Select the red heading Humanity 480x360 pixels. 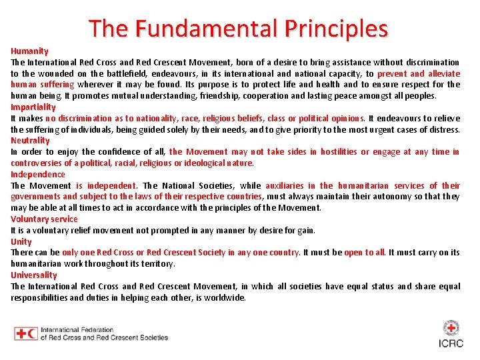(29, 51)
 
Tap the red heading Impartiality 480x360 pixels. (33, 107)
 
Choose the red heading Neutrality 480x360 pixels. (30, 141)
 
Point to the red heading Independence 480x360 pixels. (38, 174)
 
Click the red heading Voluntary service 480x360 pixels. (44, 219)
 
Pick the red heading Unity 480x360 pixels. (21, 241)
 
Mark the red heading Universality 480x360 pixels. (34, 275)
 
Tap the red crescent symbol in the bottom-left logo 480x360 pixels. (32, 334)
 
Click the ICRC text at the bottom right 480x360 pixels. (451, 343)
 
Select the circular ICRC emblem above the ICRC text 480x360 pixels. (451, 327)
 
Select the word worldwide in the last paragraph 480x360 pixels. (224, 297)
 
